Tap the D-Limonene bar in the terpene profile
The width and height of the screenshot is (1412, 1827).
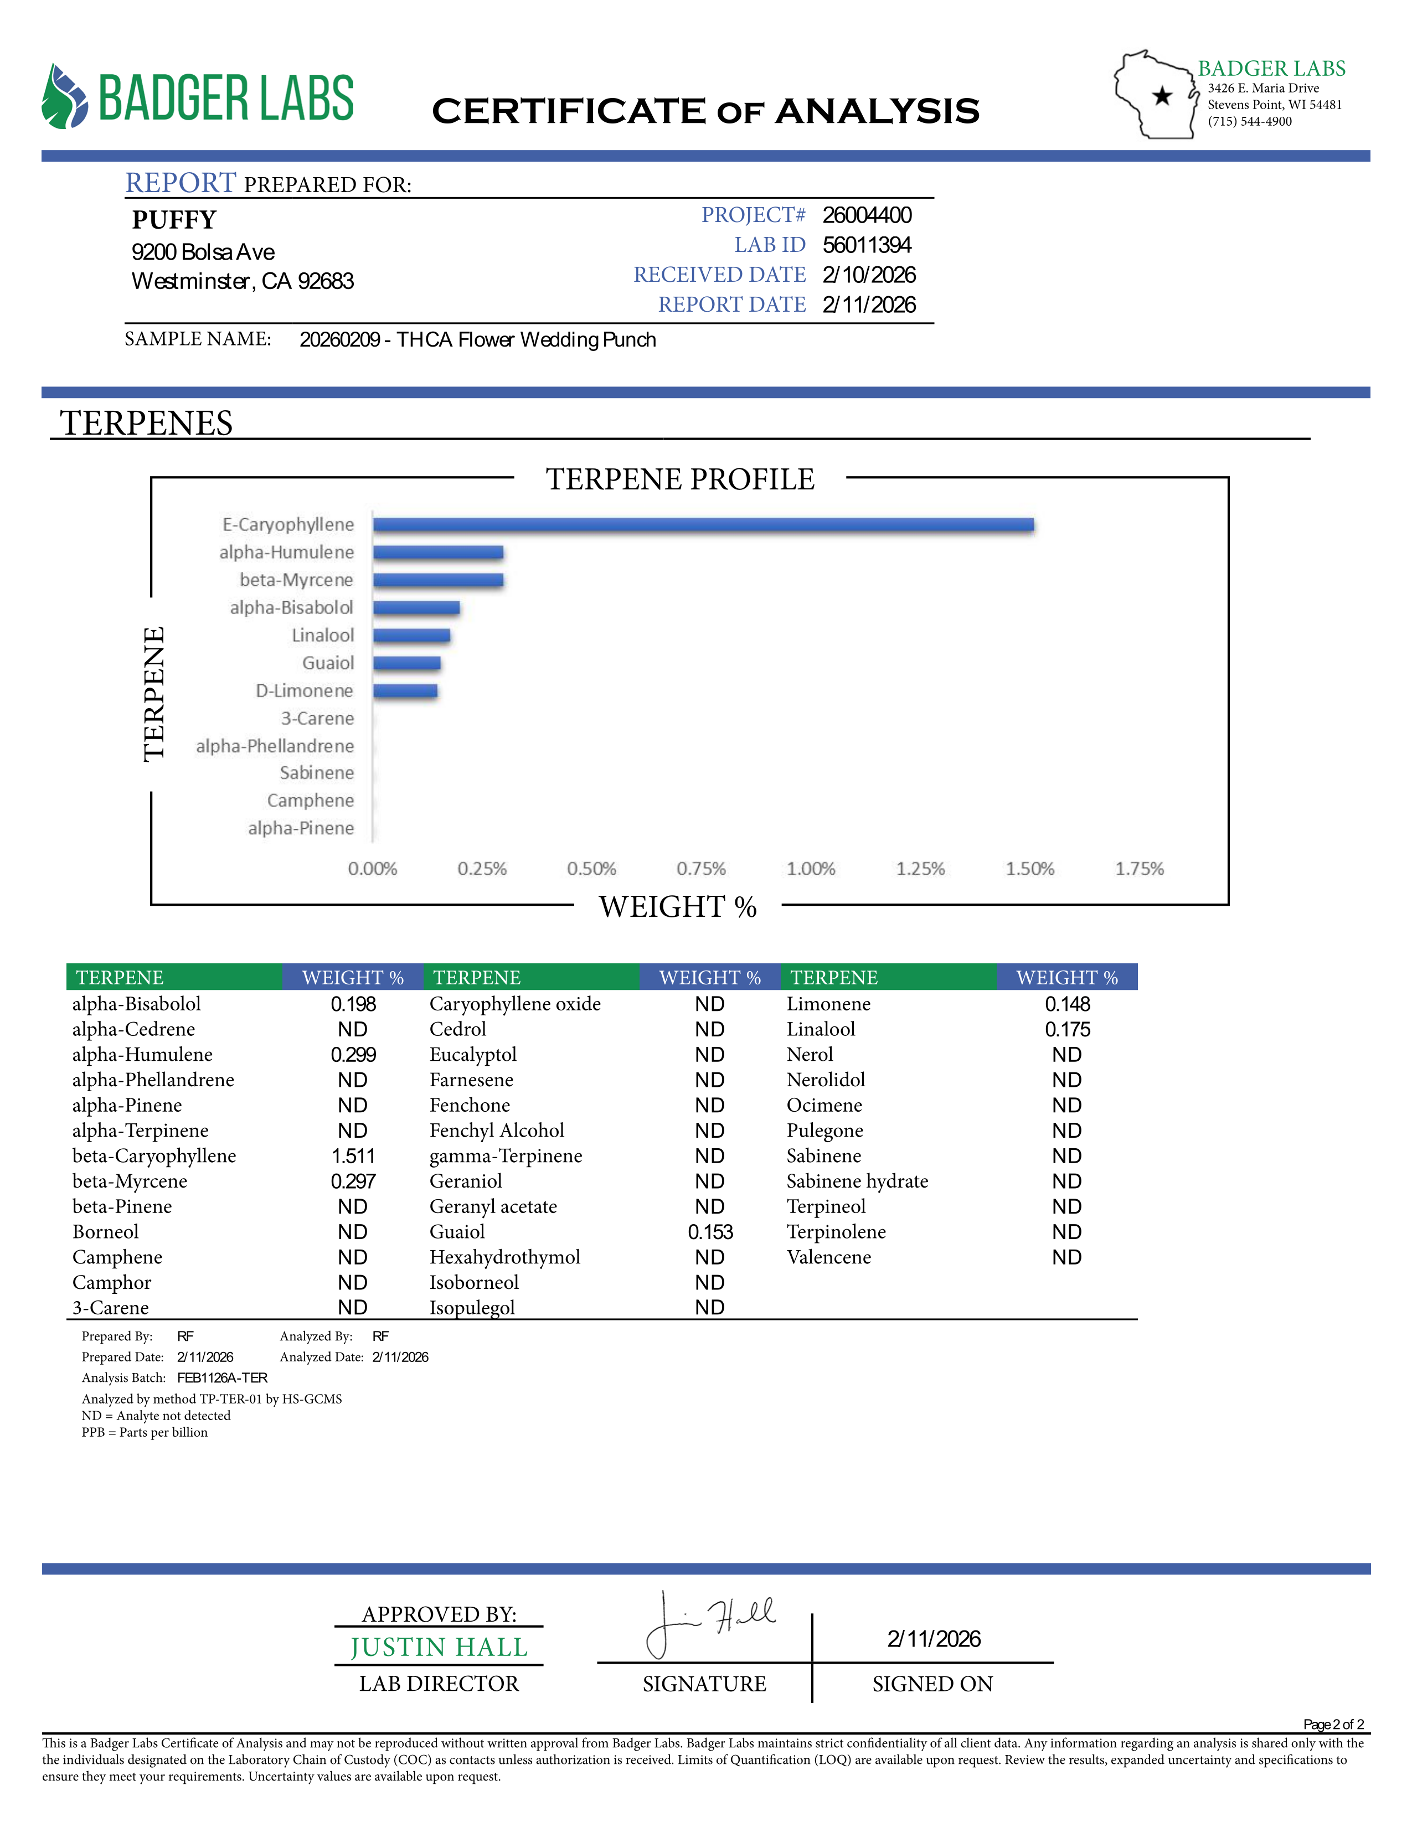406,691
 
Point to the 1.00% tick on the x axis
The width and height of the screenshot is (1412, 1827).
811,869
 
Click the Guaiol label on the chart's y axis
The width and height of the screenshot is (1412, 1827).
328,663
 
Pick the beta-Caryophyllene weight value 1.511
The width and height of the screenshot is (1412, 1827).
353,1156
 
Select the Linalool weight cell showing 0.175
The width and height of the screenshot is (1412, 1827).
1068,1030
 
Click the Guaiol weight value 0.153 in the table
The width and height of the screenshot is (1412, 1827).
710,1232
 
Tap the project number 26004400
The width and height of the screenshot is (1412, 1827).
867,216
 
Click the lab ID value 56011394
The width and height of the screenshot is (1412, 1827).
867,245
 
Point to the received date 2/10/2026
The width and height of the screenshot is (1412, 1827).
869,275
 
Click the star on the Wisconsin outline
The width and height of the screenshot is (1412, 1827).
1162,96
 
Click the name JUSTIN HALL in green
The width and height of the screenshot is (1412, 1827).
439,1647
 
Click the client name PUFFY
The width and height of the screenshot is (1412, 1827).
174,220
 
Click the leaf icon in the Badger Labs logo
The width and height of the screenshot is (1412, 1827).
64,97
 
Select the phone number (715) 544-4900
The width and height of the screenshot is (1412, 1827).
1250,122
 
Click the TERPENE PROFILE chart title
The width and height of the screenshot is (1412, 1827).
680,479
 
